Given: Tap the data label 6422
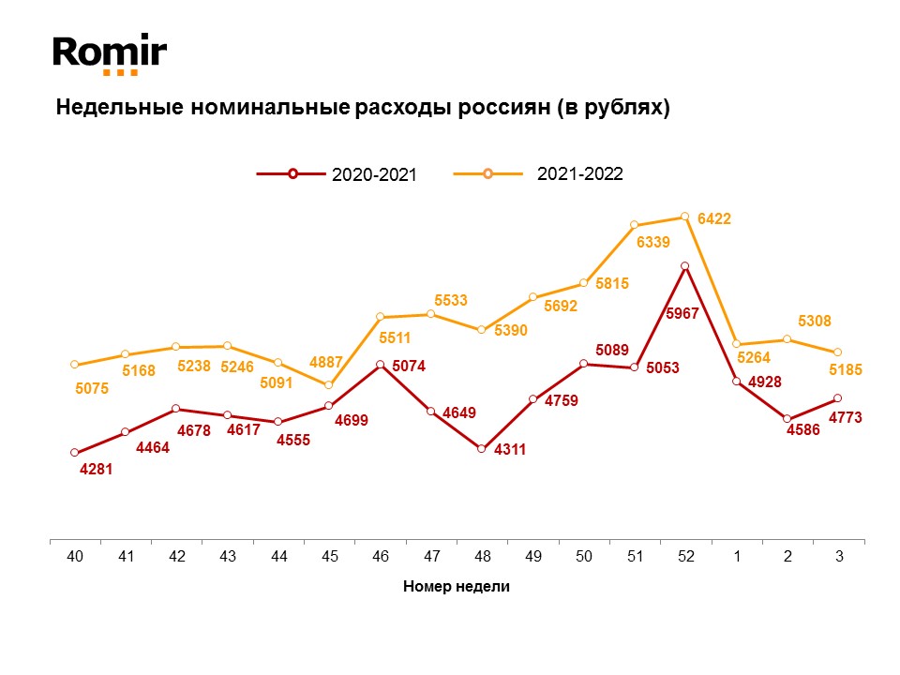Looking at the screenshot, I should point(714,218).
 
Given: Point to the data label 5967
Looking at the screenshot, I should point(682,313).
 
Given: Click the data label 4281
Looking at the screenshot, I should point(97,470).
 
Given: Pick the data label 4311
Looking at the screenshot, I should point(510,449).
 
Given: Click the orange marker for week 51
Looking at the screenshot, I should point(635,225).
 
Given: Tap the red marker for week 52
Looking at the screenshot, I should point(685,266).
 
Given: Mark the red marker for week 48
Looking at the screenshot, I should point(482,449).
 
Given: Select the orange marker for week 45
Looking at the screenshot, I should point(329,385).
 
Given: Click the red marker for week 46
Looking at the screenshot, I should point(380,365).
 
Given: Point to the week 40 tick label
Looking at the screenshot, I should point(75,557).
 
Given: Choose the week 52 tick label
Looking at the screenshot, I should point(685,557).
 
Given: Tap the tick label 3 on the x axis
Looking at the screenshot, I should point(838,557).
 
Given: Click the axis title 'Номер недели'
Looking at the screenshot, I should point(457,587).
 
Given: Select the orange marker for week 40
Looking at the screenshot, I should point(74,365).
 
